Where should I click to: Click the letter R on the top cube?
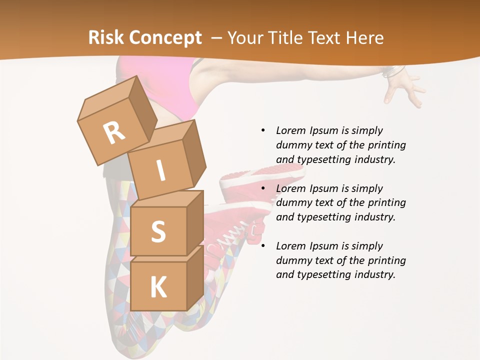[x=114, y=133]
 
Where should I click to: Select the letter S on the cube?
[x=158, y=231]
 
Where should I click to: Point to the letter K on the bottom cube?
[x=158, y=287]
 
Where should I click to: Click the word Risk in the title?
[x=106, y=38]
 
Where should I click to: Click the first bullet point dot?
[x=263, y=130]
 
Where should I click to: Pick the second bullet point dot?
[x=263, y=188]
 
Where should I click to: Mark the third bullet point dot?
[x=263, y=246]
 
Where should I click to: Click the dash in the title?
[x=217, y=38]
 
